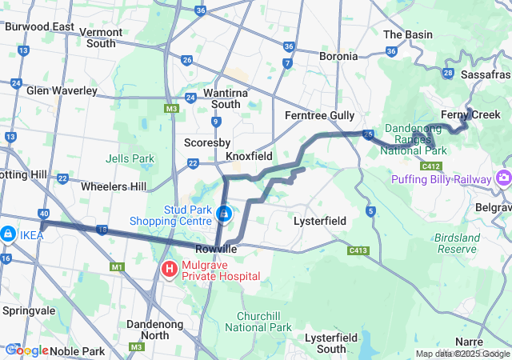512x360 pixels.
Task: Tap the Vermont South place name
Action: click(101, 38)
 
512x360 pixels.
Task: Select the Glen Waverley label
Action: click(62, 90)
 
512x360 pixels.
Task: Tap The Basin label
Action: click(408, 34)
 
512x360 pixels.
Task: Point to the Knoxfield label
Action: click(249, 156)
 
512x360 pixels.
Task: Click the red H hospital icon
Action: click(170, 269)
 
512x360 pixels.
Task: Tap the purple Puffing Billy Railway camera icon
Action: click(504, 176)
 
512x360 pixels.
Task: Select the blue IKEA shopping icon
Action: click(6, 233)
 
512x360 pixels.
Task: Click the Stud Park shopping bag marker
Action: click(225, 214)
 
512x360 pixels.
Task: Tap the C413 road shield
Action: click(358, 250)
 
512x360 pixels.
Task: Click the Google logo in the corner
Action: click(27, 350)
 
